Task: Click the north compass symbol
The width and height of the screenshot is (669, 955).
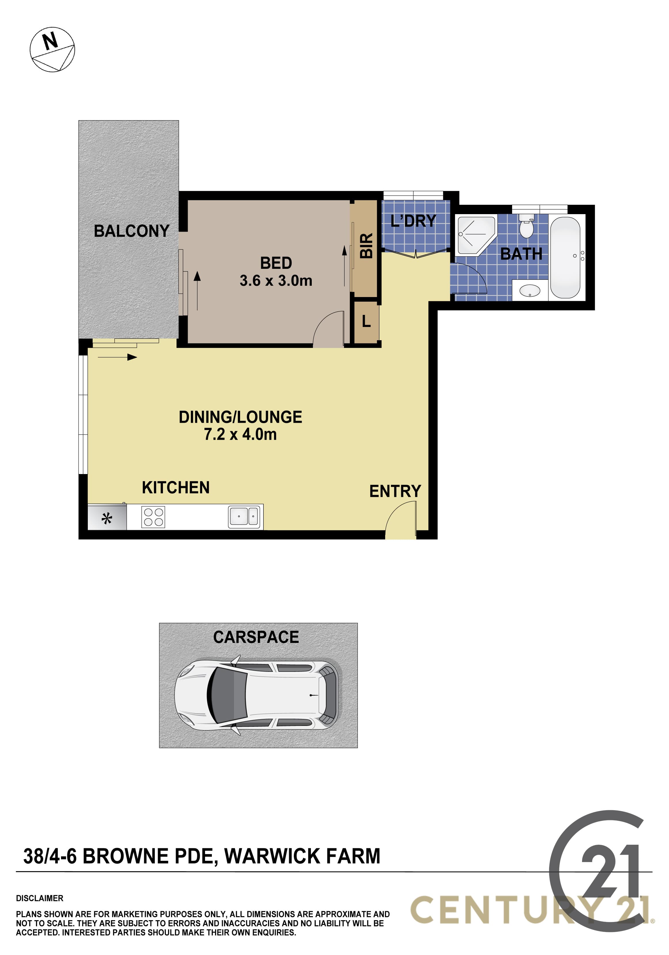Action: pyautogui.click(x=52, y=50)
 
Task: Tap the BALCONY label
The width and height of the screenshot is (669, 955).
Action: pyautogui.click(x=132, y=231)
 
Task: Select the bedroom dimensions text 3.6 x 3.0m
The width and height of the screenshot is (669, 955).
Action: pyautogui.click(x=276, y=281)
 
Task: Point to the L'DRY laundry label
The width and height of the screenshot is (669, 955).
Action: pyautogui.click(x=413, y=220)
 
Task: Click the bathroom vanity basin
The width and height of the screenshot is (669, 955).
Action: pyautogui.click(x=530, y=291)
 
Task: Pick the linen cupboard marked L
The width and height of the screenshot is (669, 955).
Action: pyautogui.click(x=366, y=321)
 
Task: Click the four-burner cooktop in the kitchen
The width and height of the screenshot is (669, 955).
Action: pyautogui.click(x=153, y=517)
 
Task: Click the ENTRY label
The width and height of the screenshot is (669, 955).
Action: pyautogui.click(x=395, y=491)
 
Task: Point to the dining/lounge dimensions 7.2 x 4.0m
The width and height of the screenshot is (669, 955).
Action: pyautogui.click(x=240, y=434)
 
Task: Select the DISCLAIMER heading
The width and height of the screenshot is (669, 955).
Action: pyautogui.click(x=39, y=898)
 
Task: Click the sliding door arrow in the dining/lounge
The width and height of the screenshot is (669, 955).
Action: pyautogui.click(x=117, y=357)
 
